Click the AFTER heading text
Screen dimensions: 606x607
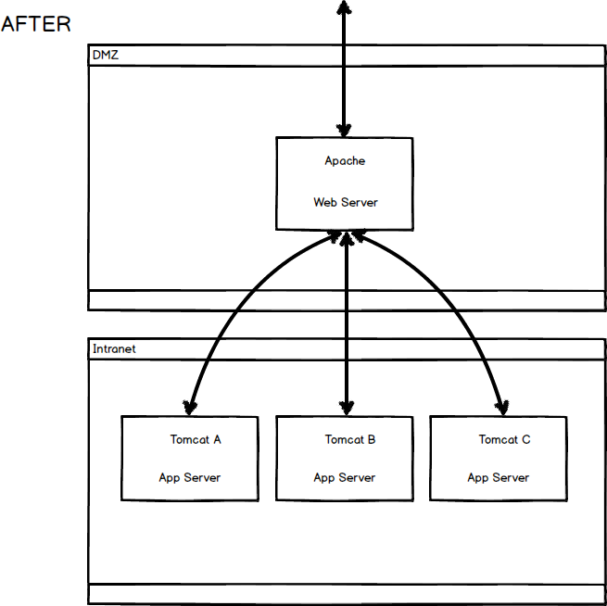tap(36, 24)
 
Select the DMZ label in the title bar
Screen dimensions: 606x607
tap(105, 55)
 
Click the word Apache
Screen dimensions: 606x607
tap(345, 160)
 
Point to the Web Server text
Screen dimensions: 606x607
tap(345, 202)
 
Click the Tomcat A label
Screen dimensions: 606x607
tap(195, 439)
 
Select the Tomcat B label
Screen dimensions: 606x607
tap(349, 439)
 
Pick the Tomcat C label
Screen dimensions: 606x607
tap(504, 439)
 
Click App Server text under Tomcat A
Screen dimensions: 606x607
tap(189, 477)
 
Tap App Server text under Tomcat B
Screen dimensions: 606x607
tap(344, 477)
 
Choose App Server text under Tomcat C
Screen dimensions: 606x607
tap(498, 477)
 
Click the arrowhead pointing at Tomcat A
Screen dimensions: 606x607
tap(190, 405)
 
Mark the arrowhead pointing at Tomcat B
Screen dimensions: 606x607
tap(346, 406)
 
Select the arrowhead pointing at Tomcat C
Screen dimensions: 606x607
tap(501, 405)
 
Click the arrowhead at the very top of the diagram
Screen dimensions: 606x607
tap(344, 7)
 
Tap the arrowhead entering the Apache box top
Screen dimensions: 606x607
tap(344, 130)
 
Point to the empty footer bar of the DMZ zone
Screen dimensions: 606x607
tap(347, 300)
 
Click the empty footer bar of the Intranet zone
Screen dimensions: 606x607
tap(347, 593)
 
